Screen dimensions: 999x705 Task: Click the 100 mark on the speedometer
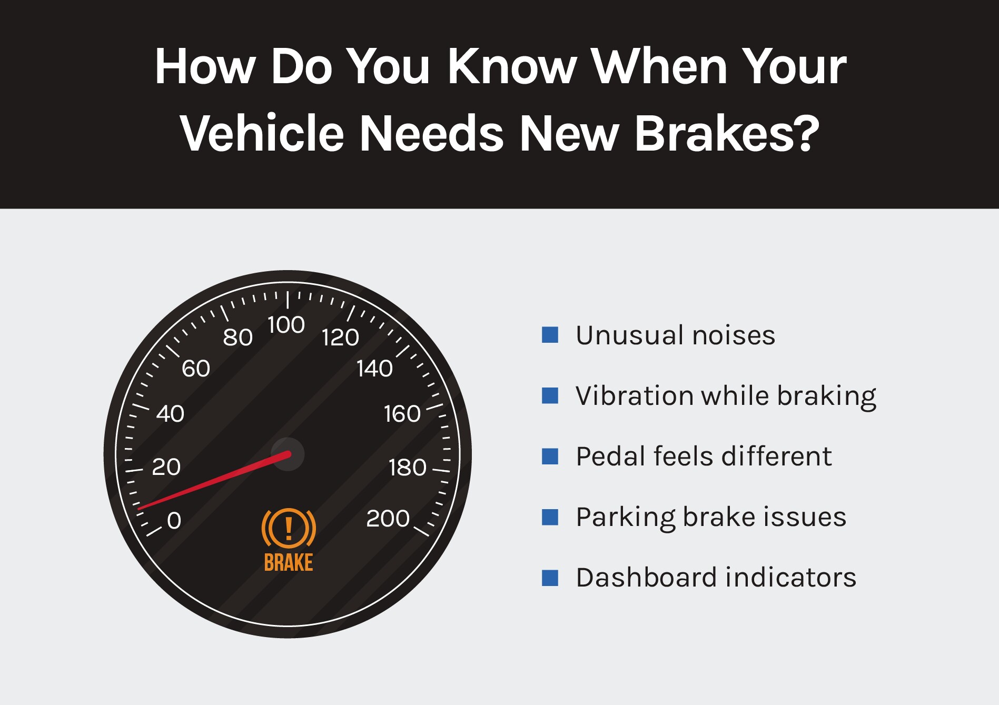coord(286,325)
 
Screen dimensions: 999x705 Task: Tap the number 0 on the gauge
coord(174,520)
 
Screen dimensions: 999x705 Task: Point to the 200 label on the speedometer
coord(388,519)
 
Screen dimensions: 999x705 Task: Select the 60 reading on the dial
coord(196,369)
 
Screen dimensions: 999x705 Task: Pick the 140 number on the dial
coord(374,369)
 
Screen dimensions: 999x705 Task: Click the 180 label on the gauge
coord(407,468)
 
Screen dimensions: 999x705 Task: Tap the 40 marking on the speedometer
coord(170,414)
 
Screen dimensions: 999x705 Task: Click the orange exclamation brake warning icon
coord(289,528)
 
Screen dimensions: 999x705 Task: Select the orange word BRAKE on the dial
coord(289,563)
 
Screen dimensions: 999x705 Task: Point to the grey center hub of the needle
coord(288,454)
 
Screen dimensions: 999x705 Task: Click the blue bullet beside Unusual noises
coord(550,335)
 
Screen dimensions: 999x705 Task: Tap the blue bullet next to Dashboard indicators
coord(550,578)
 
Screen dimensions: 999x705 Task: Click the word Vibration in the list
coord(634,395)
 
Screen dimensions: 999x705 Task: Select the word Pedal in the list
coord(610,456)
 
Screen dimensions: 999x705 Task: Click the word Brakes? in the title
coord(727,133)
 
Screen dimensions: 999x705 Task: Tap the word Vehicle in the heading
coord(262,133)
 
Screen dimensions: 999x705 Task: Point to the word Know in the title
coord(512,66)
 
